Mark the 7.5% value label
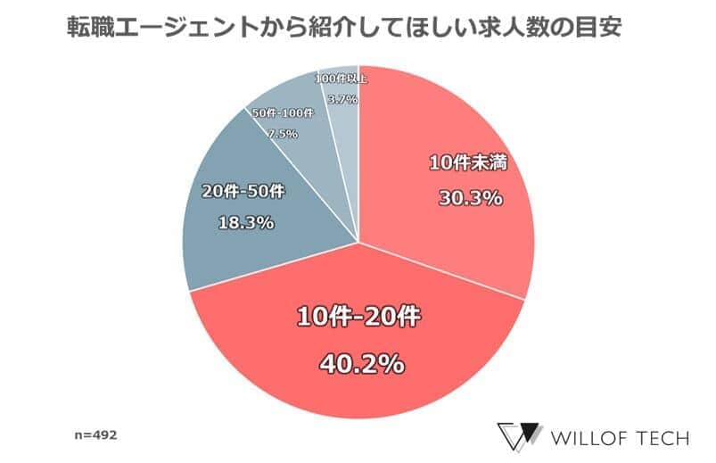[283, 135]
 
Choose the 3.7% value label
[342, 99]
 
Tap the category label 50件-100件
[283, 113]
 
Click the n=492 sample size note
[95, 436]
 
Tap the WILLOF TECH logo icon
[520, 436]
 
